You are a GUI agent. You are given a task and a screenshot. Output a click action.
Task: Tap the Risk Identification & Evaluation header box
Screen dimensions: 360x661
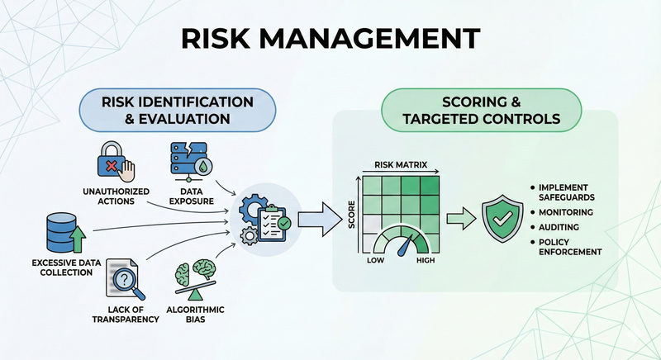177,110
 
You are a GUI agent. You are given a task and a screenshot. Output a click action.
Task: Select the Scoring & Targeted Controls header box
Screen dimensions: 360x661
481,110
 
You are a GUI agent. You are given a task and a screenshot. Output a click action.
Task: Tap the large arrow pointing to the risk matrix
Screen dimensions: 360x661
318,219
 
